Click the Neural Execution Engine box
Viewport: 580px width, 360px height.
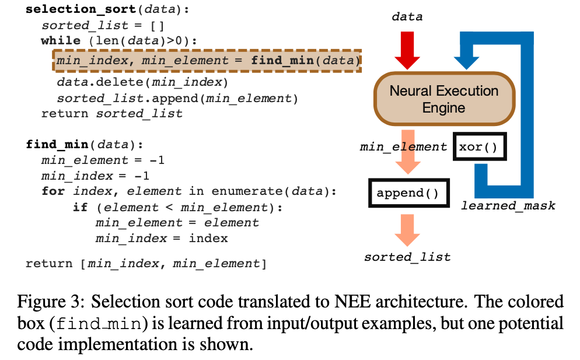tap(444, 99)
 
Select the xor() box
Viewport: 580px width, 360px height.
tap(479, 146)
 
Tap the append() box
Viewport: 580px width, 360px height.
tap(407, 193)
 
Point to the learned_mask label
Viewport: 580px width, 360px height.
tap(508, 205)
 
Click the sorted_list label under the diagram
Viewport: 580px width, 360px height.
tap(407, 257)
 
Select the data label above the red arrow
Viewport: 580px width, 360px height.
tap(407, 16)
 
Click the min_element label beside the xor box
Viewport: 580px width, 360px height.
tap(403, 147)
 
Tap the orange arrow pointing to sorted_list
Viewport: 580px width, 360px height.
tap(407, 229)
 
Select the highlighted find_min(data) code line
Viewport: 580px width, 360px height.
tap(207, 61)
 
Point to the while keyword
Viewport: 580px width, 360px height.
tap(61, 41)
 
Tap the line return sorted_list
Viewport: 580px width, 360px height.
tap(111, 113)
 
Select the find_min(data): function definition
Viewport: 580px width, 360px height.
tap(84, 144)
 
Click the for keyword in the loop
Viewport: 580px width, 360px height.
tap(53, 191)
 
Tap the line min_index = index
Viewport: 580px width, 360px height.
tap(162, 238)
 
